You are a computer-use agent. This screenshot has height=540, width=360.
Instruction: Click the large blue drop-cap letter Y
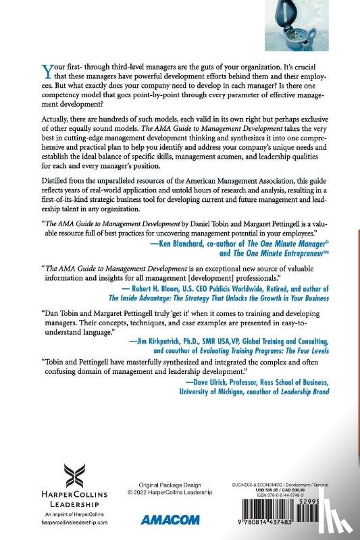[x=47, y=70]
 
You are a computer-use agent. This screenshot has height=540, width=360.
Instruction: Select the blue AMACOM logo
[x=161, y=519]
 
